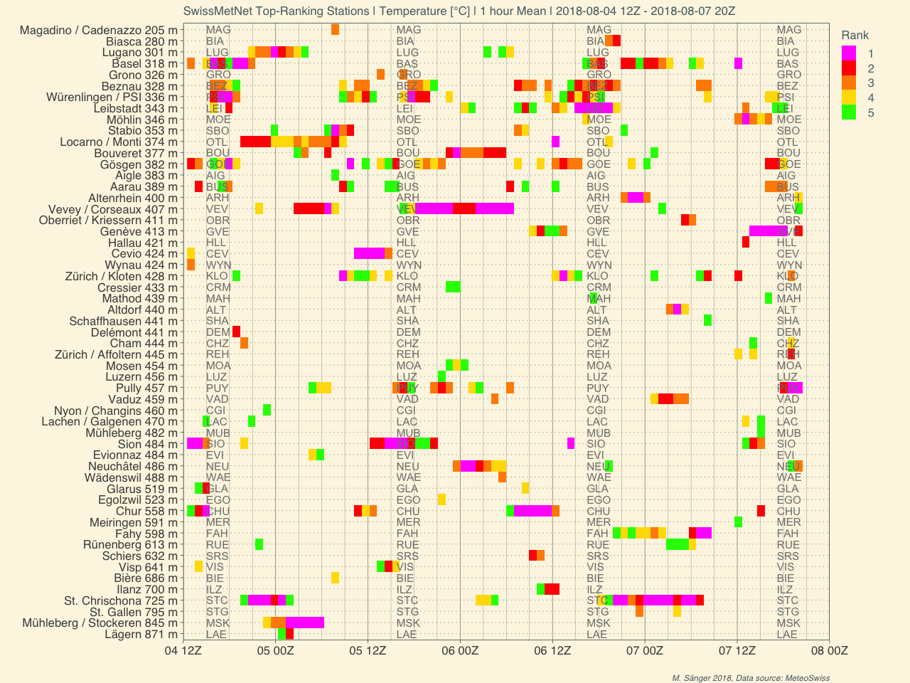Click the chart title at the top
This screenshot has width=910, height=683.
[459, 11]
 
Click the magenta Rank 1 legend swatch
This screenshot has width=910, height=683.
[848, 53]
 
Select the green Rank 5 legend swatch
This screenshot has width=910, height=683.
[848, 112]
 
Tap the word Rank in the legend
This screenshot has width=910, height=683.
[855, 36]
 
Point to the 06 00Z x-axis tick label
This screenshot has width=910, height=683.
[460, 650]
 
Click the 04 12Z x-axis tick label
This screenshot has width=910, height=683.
[183, 650]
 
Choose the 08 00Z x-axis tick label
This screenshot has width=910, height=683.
[829, 650]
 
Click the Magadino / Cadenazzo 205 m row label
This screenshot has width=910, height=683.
[99, 30]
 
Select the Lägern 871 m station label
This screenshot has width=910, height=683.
[141, 634]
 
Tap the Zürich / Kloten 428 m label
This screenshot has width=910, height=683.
[121, 276]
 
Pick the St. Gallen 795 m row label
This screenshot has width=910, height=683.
[134, 612]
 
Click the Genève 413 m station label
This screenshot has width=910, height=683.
[139, 231]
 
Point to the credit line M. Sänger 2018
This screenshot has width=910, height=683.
[751, 678]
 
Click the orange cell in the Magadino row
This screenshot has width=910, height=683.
[335, 30]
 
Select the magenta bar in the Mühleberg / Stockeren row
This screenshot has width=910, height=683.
[304, 623]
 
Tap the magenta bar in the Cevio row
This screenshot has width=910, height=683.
[369, 253]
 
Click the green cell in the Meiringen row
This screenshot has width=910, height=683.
[738, 522]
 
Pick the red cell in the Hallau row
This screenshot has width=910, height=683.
[746, 243]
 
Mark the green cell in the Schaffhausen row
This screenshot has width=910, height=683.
[707, 321]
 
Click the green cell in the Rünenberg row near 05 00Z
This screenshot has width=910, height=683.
[259, 544]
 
